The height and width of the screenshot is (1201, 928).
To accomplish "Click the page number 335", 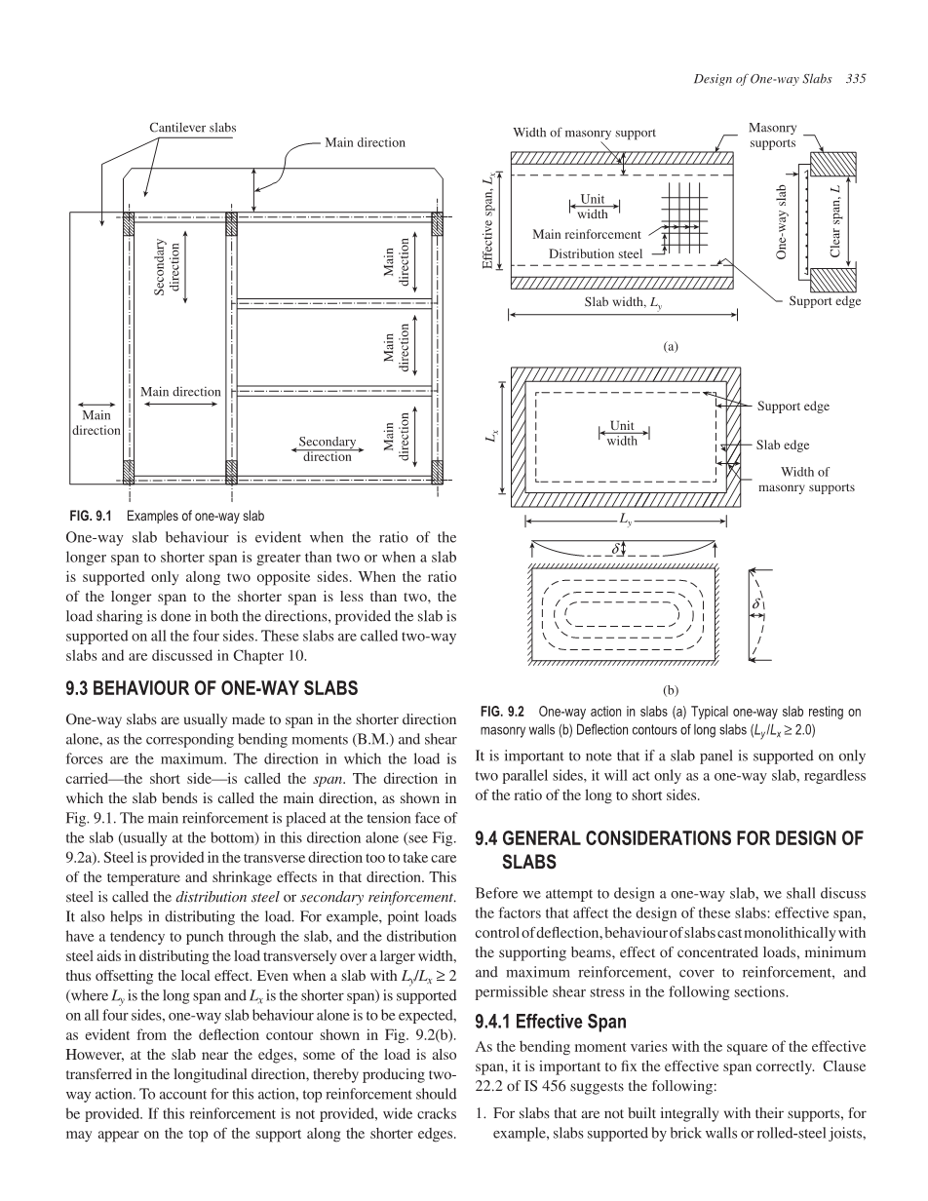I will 857,78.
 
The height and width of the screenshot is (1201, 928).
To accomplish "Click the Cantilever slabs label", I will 192,128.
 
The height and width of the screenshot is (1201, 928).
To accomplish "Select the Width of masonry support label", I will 584,133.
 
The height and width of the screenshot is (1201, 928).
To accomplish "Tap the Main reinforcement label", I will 587,234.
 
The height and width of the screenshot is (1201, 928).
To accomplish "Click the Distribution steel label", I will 596,253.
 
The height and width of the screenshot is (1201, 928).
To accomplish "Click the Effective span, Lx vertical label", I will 488,219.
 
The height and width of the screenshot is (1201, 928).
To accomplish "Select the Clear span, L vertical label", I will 834,220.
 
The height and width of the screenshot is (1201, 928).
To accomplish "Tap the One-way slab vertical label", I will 781,221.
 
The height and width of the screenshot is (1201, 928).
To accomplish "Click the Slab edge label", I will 783,446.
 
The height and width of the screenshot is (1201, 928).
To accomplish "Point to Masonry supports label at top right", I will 772,136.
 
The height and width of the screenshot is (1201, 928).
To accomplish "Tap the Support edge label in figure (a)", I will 825,300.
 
